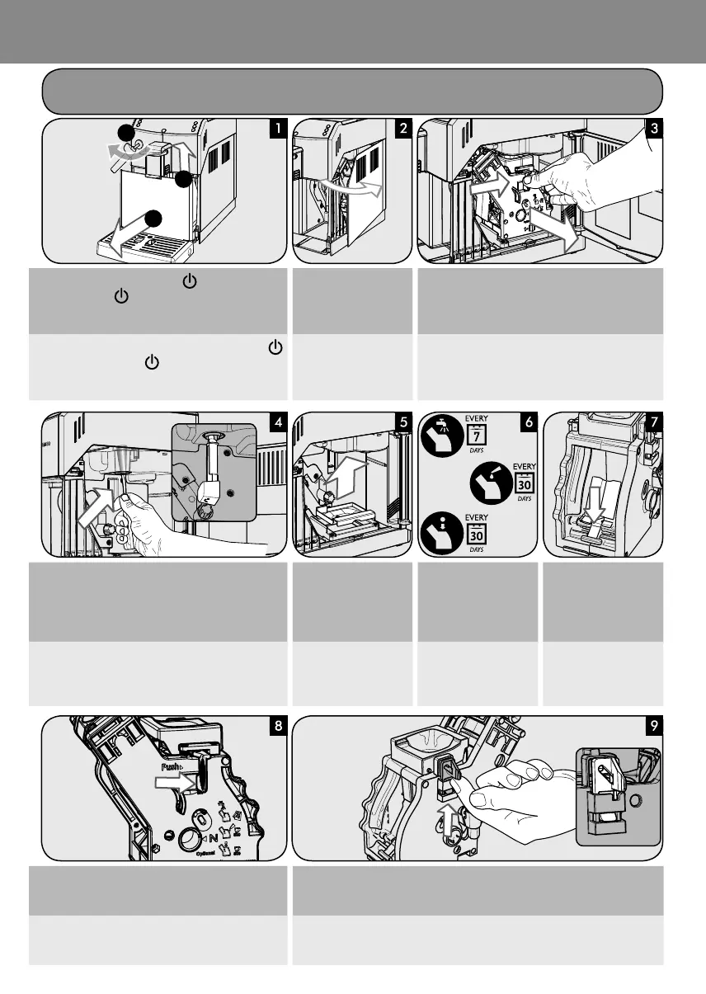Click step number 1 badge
click(x=281, y=128)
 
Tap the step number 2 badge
click(x=402, y=128)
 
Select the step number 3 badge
click(x=655, y=128)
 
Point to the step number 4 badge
click(x=281, y=421)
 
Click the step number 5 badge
click(x=402, y=421)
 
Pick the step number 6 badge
click(x=529, y=421)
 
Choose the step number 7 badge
click(x=655, y=421)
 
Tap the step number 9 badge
click(x=655, y=727)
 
